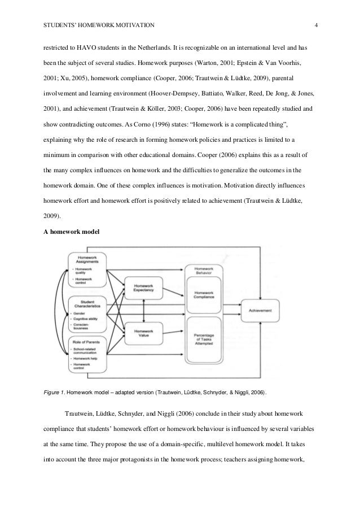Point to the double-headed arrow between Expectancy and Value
(x=144, y=310)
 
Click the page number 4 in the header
(x=317, y=25)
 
